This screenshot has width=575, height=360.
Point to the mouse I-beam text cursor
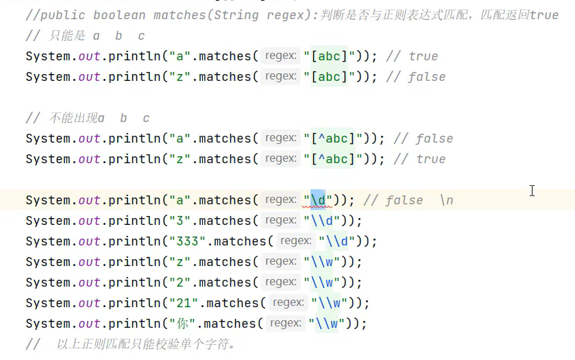pos(532,191)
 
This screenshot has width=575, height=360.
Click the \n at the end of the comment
pos(446,200)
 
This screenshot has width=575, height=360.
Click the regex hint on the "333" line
pos(296,241)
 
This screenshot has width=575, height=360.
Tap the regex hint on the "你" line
pos(286,323)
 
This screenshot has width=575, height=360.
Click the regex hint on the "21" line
pos(289,302)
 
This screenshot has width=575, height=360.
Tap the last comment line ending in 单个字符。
pos(137,344)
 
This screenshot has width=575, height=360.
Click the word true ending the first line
pos(544,14)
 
